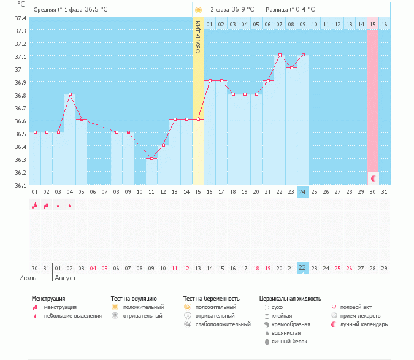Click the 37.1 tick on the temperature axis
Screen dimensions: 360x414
21,56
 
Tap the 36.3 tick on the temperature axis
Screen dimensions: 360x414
21,159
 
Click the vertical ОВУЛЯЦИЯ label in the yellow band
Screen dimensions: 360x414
198,37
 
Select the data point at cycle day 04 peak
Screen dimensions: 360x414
70,94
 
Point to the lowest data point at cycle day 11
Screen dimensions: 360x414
151,158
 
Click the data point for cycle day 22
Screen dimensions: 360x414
280,55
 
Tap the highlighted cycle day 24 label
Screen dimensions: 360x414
302,192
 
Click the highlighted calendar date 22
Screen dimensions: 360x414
302,268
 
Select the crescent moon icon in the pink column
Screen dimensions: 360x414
373,178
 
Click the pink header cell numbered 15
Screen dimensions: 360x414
373,24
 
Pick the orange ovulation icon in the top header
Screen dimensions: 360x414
197,10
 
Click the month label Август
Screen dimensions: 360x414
66,278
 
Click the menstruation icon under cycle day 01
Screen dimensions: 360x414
35,206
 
